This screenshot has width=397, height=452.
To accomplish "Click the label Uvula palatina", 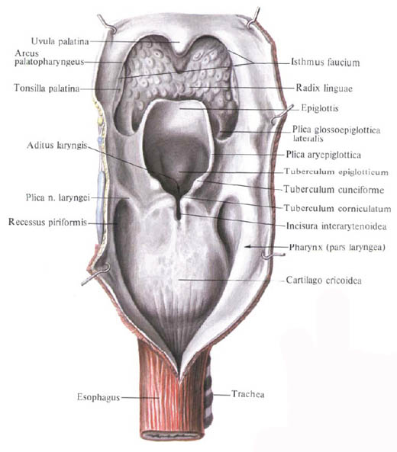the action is coord(60,41).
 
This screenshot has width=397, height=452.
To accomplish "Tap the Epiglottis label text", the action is coord(320,108).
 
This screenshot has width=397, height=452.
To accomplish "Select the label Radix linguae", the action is coord(324,88).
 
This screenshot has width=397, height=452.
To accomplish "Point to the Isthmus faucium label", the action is coord(325,63).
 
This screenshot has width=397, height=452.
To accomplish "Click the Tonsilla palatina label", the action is coord(47,88).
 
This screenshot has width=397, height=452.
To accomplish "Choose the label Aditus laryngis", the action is coord(57,146).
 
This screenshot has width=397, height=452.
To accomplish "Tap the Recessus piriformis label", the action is coord(47,222).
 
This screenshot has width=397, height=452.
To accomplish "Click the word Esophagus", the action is coord(98,397).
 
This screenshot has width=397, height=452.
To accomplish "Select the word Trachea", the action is coord(247,394).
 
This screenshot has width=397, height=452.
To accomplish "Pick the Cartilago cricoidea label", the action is coord(324,280).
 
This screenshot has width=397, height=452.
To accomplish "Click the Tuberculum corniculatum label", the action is coord(337,208).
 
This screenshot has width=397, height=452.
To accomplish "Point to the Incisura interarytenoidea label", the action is coord(336,226).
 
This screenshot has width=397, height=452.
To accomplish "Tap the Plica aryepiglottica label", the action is coord(324,155).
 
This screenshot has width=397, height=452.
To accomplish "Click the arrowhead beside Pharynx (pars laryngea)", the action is coord(247,247).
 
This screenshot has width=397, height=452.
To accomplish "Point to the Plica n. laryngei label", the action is coord(58,197).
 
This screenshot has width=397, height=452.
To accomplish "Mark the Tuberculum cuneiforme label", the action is coord(334,189).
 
